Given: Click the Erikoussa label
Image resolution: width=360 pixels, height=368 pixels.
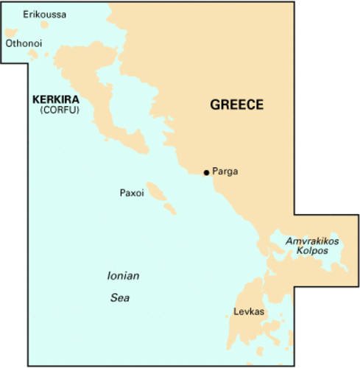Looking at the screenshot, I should pyautogui.click(x=43, y=14).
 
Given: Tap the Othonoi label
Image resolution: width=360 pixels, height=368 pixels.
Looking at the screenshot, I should pyautogui.click(x=24, y=43).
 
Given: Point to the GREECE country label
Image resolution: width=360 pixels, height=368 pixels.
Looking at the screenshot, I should pyautogui.click(x=236, y=105).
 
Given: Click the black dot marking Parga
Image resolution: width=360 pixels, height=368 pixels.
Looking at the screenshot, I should pyautogui.click(x=205, y=172).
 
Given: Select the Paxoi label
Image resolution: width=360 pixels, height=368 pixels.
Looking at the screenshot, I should pyautogui.click(x=131, y=193).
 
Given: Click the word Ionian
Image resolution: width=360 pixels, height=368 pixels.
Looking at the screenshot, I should pyautogui.click(x=123, y=276).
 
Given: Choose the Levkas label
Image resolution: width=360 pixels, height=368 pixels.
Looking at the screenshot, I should pyautogui.click(x=248, y=312).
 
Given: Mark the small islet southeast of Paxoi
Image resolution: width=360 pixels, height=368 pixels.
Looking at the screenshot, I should pyautogui.click(x=170, y=210).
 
